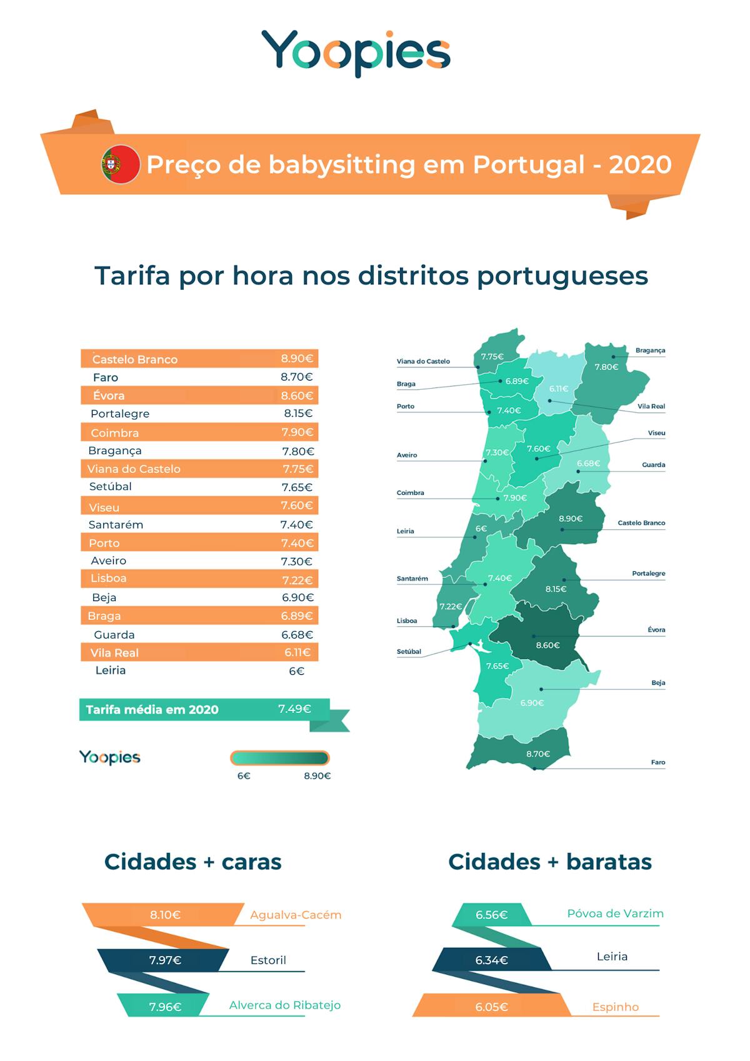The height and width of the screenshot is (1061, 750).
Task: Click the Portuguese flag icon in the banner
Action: click(x=121, y=164)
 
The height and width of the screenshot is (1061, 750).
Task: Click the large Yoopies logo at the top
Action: click(x=356, y=52)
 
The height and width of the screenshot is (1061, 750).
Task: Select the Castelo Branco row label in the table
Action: click(x=135, y=359)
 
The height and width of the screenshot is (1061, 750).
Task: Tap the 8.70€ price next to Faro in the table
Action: click(x=296, y=377)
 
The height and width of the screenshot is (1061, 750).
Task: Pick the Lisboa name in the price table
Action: click(x=108, y=579)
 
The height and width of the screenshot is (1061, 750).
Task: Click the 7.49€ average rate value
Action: click(x=294, y=709)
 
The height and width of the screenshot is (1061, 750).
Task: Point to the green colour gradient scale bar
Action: click(x=279, y=758)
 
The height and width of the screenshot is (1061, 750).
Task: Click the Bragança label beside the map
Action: click(x=650, y=351)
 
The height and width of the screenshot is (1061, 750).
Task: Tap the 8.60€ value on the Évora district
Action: click(x=547, y=645)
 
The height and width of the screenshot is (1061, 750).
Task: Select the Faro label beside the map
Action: click(x=657, y=762)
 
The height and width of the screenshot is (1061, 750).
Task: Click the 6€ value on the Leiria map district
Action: click(x=481, y=529)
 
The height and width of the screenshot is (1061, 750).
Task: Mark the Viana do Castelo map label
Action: click(x=423, y=361)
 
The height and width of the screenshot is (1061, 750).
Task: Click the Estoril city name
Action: click(x=268, y=960)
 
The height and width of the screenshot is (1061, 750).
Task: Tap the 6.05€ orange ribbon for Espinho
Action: click(x=491, y=1007)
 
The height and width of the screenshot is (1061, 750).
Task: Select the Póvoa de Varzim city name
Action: click(x=615, y=914)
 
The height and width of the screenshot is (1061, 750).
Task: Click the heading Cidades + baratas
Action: click(x=549, y=862)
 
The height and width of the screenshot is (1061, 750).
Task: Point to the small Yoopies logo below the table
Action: click(x=109, y=757)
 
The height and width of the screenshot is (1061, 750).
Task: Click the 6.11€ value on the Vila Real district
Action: click(x=559, y=389)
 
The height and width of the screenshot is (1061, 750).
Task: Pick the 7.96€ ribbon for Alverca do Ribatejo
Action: click(x=165, y=1007)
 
